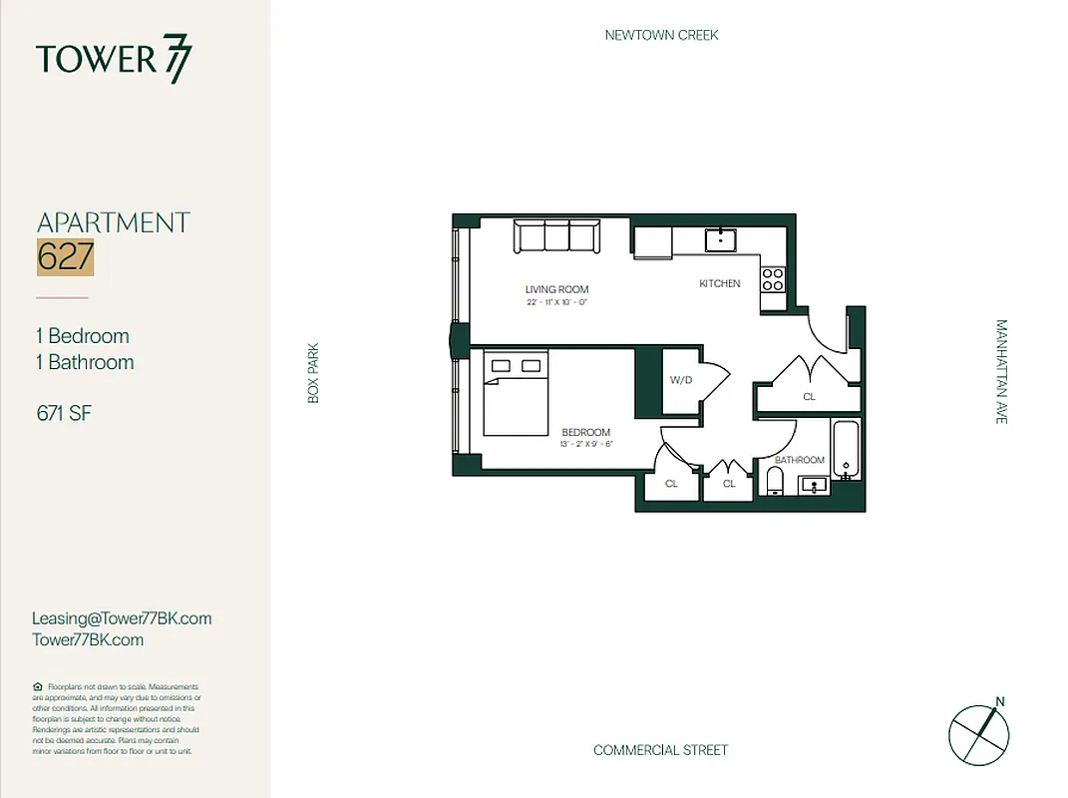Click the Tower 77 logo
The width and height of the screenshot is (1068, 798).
[x=114, y=60]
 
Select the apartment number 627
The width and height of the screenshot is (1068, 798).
[x=66, y=257]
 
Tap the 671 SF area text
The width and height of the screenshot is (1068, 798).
[x=64, y=413]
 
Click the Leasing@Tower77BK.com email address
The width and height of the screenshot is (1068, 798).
[x=122, y=618]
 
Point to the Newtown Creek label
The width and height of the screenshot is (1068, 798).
[x=661, y=35]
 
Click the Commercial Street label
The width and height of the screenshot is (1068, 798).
[x=660, y=750]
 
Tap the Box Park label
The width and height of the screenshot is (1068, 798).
[x=313, y=373]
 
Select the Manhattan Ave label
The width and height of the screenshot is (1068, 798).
[x=1001, y=372]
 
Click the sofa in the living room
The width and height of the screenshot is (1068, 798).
[x=555, y=237]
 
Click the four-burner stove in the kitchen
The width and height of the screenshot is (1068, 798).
[x=773, y=279]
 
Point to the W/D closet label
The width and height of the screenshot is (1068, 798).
[x=681, y=380]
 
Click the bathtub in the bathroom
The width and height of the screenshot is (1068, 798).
[x=846, y=450]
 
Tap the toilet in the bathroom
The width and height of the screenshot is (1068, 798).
[x=774, y=484]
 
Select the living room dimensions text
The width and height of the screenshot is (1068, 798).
[x=556, y=301]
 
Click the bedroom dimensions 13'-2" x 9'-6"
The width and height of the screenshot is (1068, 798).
[x=585, y=444]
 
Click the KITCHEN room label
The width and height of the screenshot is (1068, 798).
[x=719, y=284]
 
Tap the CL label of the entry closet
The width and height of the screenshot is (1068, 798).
[x=809, y=397]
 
